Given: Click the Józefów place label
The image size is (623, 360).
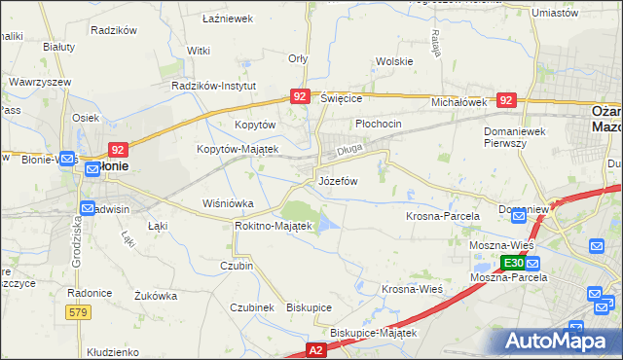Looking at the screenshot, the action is click(339, 181).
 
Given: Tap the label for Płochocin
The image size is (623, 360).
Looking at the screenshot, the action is click(379, 125).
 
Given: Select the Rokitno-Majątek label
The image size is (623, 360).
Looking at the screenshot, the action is click(273, 226).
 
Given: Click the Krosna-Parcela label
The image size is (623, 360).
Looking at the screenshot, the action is click(438, 215).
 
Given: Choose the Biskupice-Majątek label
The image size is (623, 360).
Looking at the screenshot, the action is click(373, 333).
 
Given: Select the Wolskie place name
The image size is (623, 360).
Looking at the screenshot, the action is click(394, 61).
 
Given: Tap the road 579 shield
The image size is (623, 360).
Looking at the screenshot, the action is click(80, 311).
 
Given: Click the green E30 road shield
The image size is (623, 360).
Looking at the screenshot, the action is click(513, 264).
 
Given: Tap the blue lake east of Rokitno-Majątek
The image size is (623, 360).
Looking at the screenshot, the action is click(328, 225).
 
